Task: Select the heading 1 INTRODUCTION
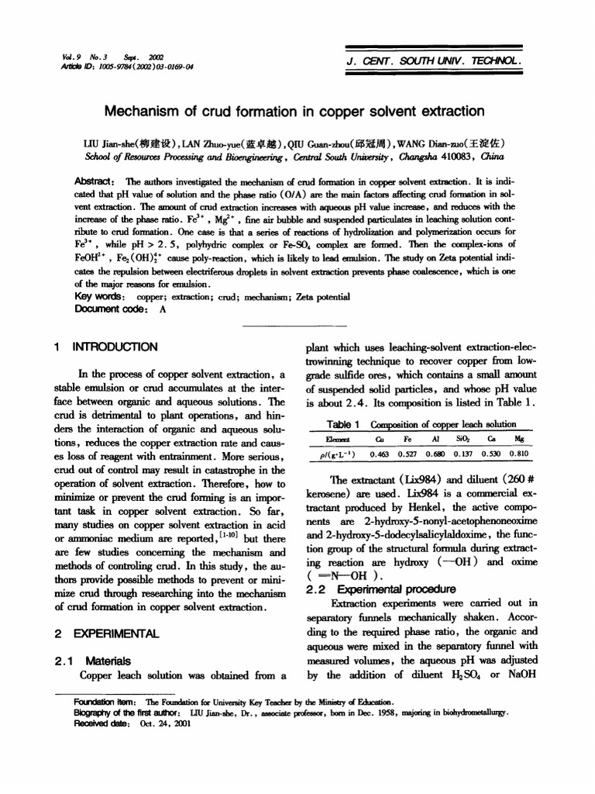click(105, 347)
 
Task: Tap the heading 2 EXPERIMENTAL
click(107, 633)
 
